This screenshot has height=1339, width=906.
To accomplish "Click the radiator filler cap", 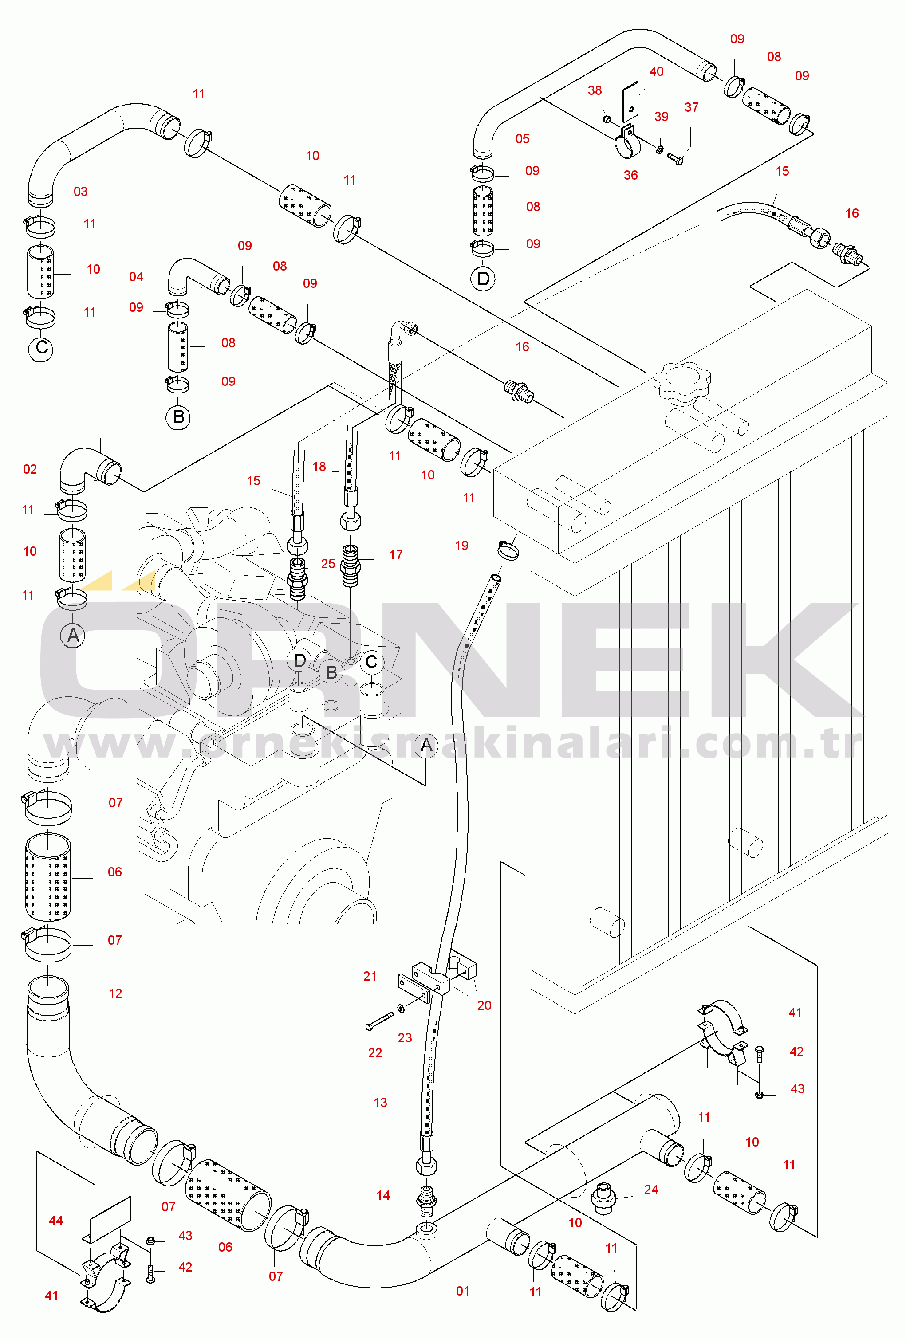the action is (x=682, y=383).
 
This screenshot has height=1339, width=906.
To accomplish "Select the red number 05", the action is (x=522, y=138).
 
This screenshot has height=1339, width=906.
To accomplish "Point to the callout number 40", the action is (x=657, y=71).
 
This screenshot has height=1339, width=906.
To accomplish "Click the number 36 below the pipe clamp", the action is (x=630, y=175).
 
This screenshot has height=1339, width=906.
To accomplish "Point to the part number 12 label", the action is (x=115, y=993).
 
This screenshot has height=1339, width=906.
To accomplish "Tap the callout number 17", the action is (x=395, y=555).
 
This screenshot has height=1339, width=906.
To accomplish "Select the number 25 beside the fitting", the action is (x=328, y=563).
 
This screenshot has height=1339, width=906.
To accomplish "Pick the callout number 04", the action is (x=136, y=277).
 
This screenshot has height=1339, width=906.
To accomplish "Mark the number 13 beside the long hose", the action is (x=380, y=1102).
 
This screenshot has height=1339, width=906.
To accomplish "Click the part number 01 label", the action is (x=463, y=1291).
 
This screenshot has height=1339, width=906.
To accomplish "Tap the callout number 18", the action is (x=319, y=466).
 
